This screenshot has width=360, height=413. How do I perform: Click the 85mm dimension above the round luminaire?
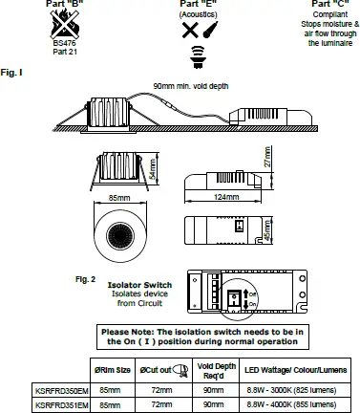point(120,198)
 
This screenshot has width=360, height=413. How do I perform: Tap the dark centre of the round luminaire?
point(120,234)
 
